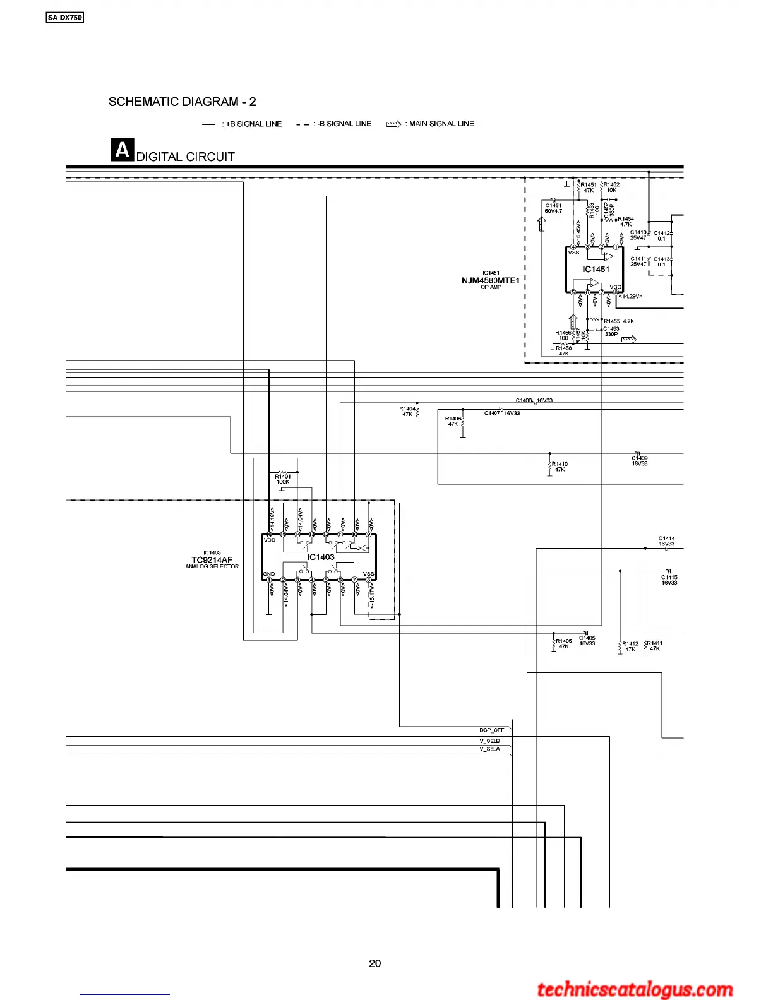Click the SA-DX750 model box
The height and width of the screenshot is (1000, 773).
[x=65, y=18]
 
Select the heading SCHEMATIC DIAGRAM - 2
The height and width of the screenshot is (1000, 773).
[x=182, y=102]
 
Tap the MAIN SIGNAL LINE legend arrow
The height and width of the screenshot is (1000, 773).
[x=393, y=124]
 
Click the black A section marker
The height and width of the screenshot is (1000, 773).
[x=122, y=150]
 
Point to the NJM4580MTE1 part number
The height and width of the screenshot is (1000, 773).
[x=490, y=280]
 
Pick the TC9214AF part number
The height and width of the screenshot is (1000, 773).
[x=212, y=559]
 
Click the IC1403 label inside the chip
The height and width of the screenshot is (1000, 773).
[x=321, y=557]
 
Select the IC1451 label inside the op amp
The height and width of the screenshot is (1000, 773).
[x=596, y=270]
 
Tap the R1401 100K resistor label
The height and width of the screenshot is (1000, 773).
[x=283, y=479]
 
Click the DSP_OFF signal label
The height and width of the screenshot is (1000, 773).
[x=492, y=730]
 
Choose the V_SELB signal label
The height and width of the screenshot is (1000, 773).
[x=490, y=741]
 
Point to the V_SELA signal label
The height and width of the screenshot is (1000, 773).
[x=490, y=749]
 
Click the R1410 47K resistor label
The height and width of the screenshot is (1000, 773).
[x=560, y=467]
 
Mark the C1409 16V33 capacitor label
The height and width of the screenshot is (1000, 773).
[x=640, y=461]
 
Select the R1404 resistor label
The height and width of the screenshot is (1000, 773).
[x=407, y=411]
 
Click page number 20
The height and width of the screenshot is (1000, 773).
[x=375, y=963]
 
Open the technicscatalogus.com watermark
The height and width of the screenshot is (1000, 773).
[x=635, y=990]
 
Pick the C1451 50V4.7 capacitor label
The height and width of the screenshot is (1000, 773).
[x=553, y=208]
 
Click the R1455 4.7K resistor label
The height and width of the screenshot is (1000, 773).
[x=619, y=321]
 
